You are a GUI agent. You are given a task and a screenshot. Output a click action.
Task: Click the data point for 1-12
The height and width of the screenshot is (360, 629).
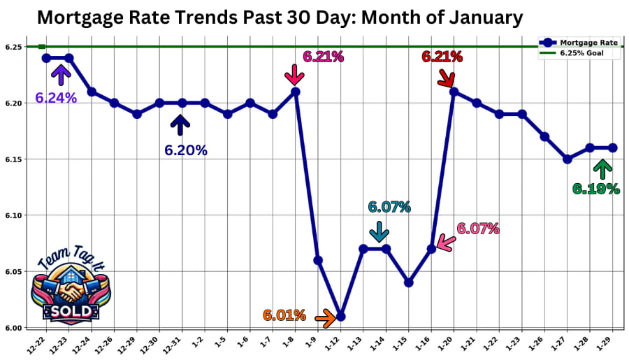click(x=340, y=316)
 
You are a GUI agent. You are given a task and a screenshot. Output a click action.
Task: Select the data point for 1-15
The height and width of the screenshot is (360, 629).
click(x=409, y=282)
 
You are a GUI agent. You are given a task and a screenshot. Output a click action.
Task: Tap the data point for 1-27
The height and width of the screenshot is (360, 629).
click(x=567, y=159)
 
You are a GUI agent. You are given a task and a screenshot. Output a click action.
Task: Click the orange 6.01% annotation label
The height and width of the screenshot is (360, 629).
click(x=284, y=315)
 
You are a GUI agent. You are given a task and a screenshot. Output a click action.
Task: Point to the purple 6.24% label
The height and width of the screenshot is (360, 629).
click(x=56, y=98)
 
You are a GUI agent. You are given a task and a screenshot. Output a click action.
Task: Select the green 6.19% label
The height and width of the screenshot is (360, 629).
click(x=596, y=188)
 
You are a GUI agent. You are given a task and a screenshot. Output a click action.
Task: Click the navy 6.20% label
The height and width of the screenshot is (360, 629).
click(x=186, y=150)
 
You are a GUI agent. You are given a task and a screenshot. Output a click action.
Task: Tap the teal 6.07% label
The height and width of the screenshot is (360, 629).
click(x=389, y=207)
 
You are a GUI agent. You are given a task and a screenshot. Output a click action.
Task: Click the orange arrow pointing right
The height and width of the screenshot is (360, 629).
click(x=325, y=319)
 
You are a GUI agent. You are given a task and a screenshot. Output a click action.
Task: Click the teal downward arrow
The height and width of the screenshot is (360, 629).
click(x=379, y=231)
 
